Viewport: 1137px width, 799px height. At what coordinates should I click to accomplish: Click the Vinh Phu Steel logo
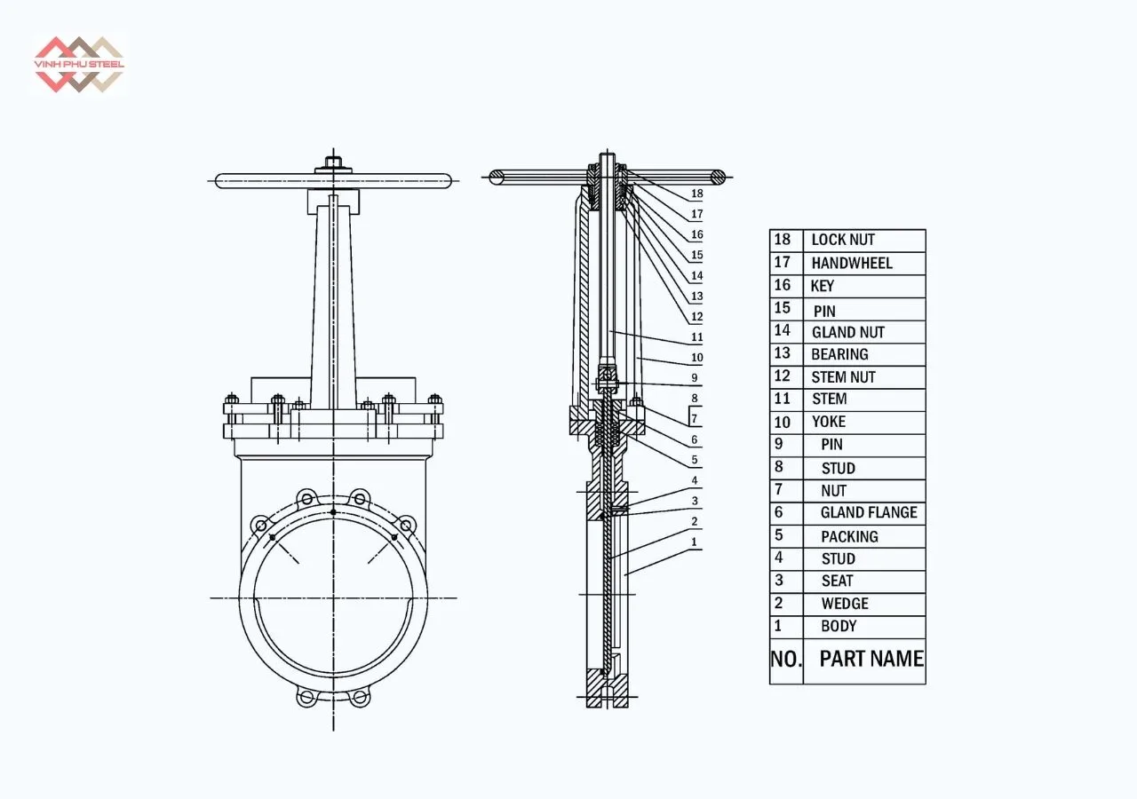pos(78,64)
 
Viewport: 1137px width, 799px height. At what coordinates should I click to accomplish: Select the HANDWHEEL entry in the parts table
pos(851,264)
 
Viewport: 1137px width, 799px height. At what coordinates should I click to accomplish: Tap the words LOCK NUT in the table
pos(842,241)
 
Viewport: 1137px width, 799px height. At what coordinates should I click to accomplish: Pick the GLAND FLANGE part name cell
pos(868,513)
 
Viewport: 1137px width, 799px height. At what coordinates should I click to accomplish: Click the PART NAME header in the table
pos(871,660)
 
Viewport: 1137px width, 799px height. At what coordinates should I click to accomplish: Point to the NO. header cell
pos(785,660)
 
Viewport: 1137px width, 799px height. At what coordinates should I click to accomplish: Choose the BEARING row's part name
pos(839,354)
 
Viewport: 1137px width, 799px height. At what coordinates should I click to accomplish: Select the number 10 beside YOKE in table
pos(782,422)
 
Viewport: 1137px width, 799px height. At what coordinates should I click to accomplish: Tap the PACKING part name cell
pos(848,536)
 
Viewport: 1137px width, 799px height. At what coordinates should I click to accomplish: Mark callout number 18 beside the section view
pos(696,194)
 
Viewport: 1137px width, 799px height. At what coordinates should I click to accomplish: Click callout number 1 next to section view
pos(694,542)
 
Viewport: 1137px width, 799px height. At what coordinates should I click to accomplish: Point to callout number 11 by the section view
pos(696,337)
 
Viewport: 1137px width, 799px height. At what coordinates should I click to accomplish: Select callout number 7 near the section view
pos(694,418)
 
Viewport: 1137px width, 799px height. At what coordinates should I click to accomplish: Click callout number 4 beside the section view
pos(694,481)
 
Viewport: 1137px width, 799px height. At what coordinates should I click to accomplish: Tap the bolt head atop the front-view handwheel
pos(333,162)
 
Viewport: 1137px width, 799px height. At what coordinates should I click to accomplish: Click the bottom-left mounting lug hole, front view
pos(306,698)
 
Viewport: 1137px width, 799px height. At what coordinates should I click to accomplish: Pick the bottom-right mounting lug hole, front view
pos(359,698)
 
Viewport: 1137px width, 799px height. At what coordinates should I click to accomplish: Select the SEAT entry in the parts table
pos(836,581)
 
